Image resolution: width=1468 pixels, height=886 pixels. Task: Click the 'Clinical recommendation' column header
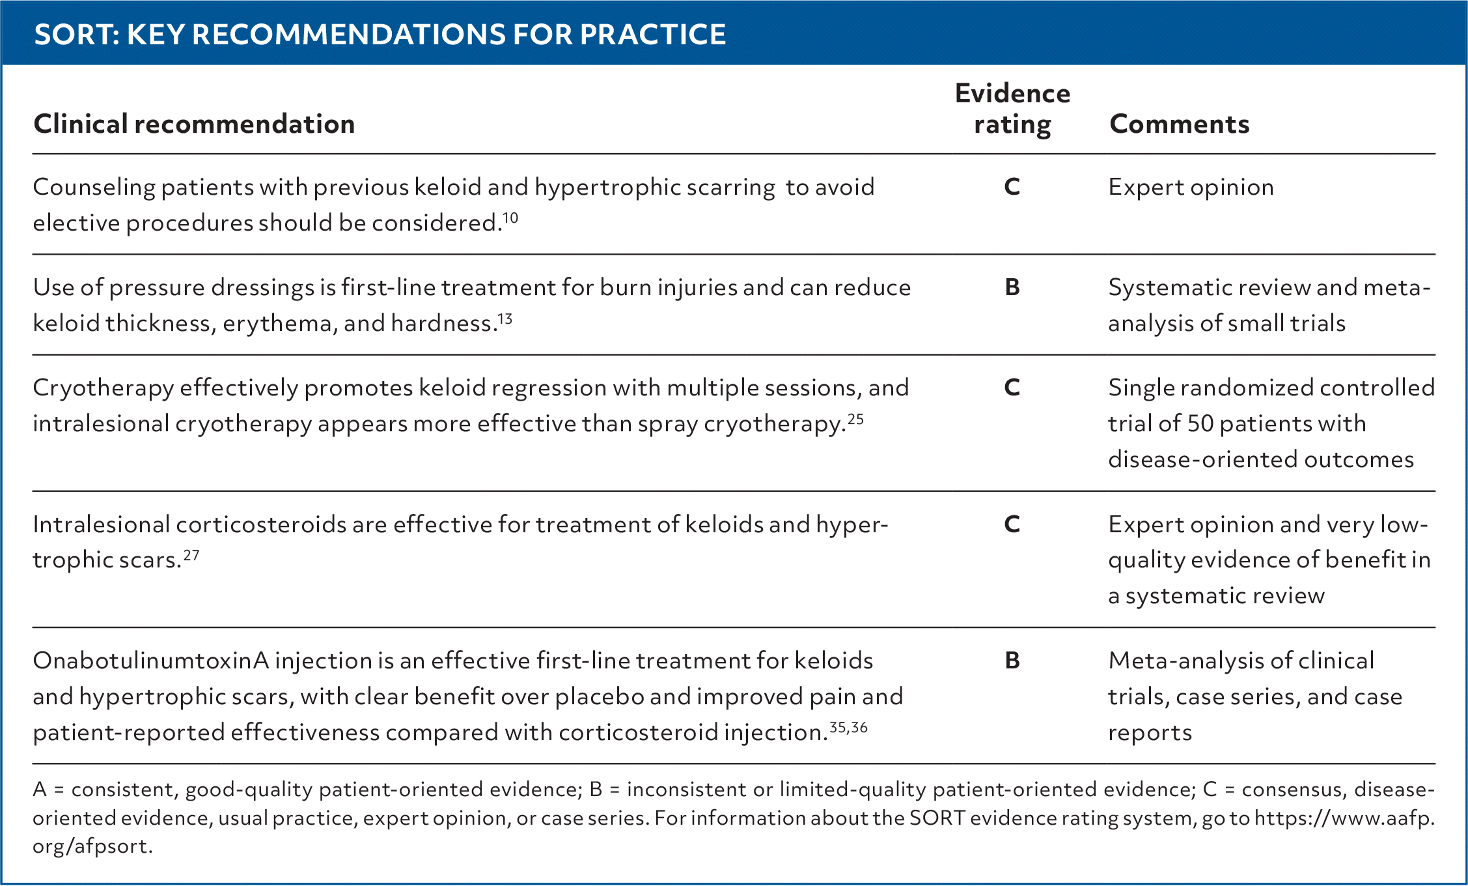pos(194,124)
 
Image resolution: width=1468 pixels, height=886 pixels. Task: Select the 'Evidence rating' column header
pos(1012,109)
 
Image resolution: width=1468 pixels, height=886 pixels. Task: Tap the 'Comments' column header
pos(1179,124)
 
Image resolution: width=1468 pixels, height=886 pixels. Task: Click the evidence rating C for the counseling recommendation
pos(1012,187)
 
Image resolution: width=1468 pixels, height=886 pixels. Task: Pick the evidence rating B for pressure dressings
pos(1012,287)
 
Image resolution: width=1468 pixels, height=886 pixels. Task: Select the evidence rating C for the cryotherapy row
pos(1012,388)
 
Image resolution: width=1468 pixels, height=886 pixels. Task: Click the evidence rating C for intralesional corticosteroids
pos(1012,524)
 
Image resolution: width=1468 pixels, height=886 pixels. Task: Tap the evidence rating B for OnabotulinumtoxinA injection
pos(1012,661)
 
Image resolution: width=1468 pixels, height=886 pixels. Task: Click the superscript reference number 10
pos(511,217)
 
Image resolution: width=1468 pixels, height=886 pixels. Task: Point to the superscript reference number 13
pos(505,318)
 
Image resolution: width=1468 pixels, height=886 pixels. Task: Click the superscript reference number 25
pos(855,419)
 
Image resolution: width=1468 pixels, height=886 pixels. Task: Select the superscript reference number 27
pos(191,555)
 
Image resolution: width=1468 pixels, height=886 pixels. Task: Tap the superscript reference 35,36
pos(849,727)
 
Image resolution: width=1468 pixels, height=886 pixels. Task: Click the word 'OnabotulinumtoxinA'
pos(151,661)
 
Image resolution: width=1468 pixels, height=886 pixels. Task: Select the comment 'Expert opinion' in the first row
pos(1191,188)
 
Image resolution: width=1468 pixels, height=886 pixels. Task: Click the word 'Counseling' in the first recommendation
pos(94,188)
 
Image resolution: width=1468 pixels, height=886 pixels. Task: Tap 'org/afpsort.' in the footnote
pos(92,846)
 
